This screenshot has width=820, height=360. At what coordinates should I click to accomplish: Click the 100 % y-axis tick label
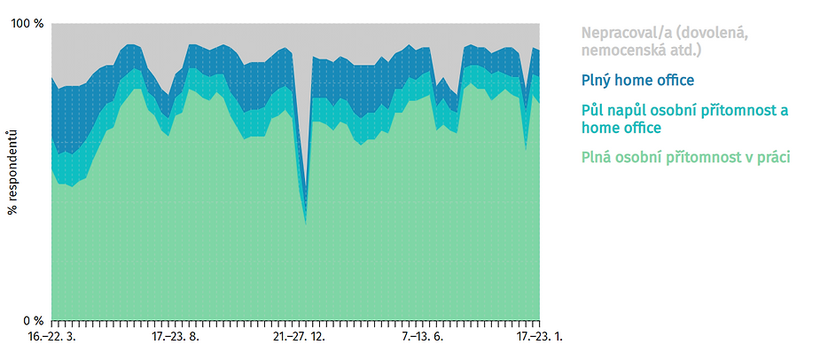[27, 24]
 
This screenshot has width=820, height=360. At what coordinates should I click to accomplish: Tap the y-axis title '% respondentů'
[12, 172]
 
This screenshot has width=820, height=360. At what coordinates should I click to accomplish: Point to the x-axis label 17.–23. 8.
[176, 336]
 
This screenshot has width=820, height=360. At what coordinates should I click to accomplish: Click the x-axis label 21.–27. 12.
[300, 336]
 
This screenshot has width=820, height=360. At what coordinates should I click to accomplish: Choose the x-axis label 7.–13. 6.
[423, 336]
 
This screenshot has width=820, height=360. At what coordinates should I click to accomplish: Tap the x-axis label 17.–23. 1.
[539, 336]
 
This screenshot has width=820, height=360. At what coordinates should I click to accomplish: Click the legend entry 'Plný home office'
[637, 81]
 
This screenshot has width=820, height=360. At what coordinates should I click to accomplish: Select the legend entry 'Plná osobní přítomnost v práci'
[685, 157]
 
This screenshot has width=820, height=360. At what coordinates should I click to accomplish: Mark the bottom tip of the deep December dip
[306, 225]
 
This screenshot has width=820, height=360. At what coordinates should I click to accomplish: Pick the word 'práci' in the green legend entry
[771, 158]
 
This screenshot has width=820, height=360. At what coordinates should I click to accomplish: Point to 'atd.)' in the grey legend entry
[683, 51]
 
